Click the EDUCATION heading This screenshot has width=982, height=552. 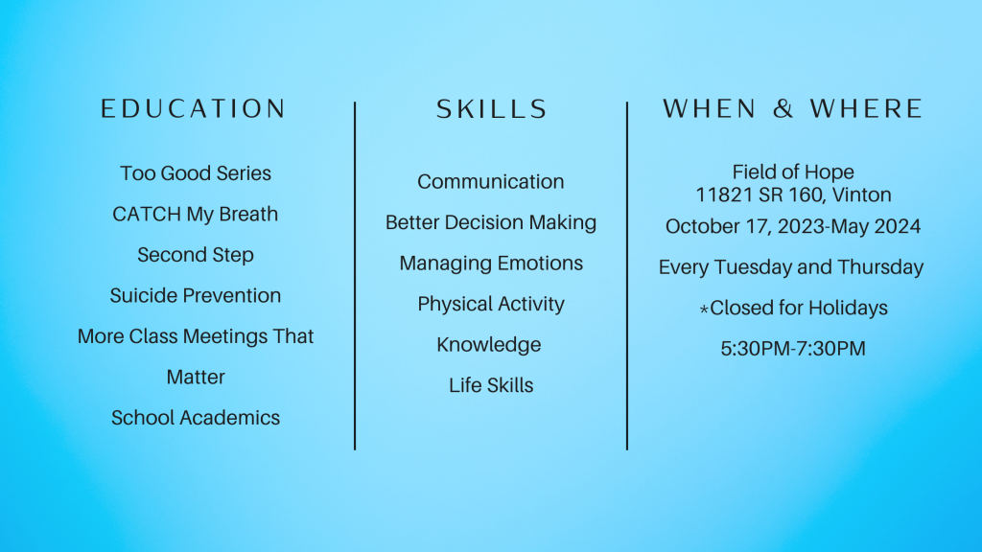tap(194, 109)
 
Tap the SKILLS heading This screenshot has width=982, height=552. tap(492, 109)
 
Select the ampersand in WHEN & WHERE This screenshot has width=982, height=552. tap(783, 109)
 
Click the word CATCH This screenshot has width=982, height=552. tap(147, 214)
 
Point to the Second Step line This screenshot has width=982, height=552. tap(196, 255)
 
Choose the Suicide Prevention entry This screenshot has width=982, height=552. tap(196, 295)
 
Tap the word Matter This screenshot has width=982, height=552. tap(196, 377)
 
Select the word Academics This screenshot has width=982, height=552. tap(229, 418)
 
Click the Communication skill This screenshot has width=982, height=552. tap(490, 181)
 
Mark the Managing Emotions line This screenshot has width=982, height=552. tap(491, 264)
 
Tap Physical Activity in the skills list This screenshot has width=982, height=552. tap(491, 304)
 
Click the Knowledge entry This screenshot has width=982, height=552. tap(489, 345)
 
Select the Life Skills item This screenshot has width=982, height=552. tap(491, 385)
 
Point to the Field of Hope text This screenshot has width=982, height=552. tap(793, 172)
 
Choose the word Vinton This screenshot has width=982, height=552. tap(861, 195)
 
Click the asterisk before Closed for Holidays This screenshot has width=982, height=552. tap(704, 309)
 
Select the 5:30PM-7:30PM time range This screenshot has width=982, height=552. tap(793, 349)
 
